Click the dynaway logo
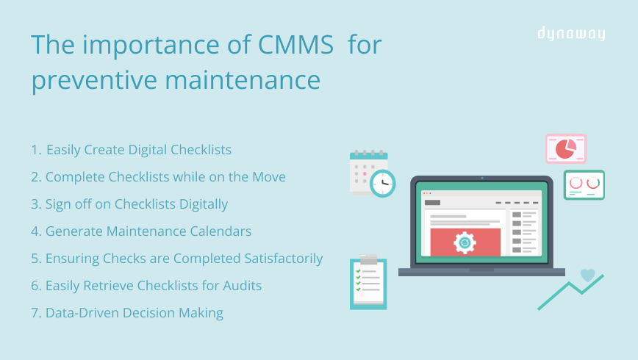(x=570, y=34)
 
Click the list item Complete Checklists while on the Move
(x=158, y=177)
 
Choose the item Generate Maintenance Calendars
(x=141, y=231)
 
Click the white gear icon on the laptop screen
(x=465, y=242)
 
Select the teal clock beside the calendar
(x=382, y=183)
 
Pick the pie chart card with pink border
(x=565, y=148)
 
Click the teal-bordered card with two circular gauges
(x=584, y=184)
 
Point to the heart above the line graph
(x=587, y=275)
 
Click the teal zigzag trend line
(x=570, y=292)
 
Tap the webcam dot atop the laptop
(x=482, y=178)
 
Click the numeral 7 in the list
(x=35, y=313)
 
